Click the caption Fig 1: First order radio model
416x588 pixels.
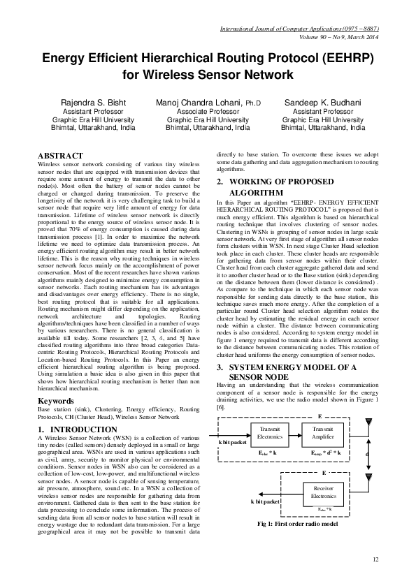click(298, 524)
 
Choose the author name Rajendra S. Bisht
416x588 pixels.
click(93, 103)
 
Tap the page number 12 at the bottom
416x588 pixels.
click(375, 559)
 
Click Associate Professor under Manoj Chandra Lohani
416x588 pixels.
click(208, 112)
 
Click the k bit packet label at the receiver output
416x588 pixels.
click(265, 501)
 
